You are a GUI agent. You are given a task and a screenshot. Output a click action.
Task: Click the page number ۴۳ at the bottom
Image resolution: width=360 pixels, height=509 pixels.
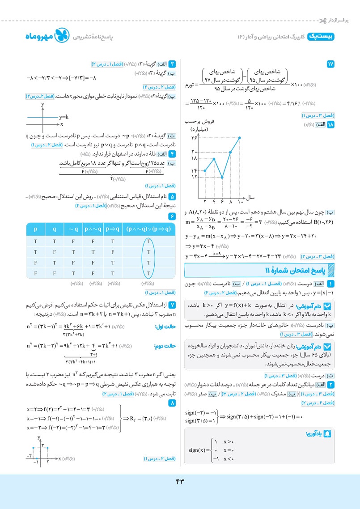180,481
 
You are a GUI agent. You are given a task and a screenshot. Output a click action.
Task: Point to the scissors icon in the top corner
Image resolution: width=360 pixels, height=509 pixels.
322,21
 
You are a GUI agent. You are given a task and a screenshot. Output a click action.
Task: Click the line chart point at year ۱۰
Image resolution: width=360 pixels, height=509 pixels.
240,137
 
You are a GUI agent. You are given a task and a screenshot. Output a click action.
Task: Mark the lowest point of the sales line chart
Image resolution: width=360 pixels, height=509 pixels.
222,178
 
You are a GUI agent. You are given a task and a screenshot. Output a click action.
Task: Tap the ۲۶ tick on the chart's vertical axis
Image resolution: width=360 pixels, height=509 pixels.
194,137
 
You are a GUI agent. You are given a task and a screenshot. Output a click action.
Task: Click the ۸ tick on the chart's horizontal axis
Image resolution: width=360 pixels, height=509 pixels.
231,202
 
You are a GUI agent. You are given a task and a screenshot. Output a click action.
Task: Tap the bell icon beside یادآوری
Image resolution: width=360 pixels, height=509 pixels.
328,433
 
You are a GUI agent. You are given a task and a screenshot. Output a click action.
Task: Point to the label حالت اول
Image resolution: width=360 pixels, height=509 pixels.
165,327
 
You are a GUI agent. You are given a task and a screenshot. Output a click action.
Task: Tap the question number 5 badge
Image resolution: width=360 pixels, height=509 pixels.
172,196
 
